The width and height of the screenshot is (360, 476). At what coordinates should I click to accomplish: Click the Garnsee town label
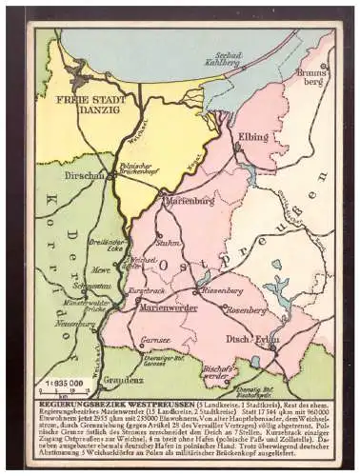pos(152,339)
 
